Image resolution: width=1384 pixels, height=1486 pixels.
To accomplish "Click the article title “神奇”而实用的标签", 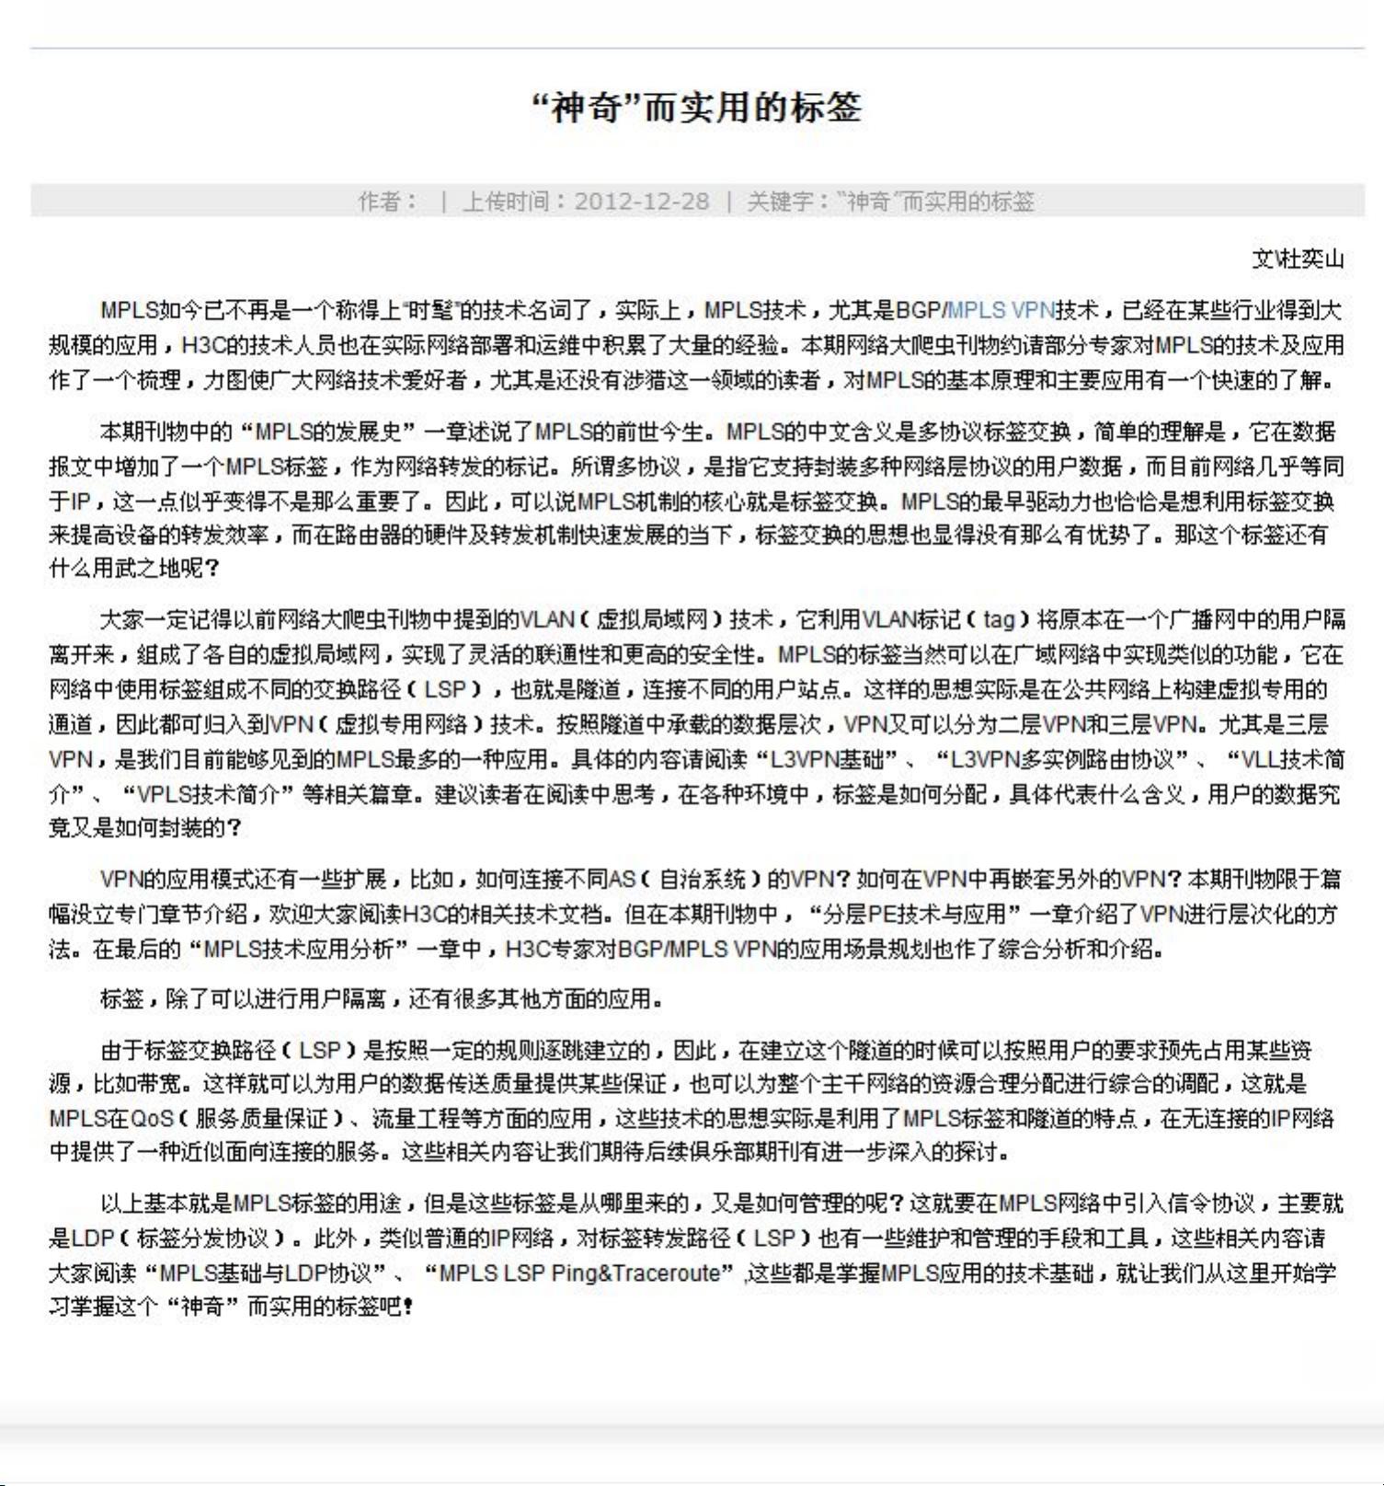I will [696, 108].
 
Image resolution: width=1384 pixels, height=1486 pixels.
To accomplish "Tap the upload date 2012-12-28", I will [642, 201].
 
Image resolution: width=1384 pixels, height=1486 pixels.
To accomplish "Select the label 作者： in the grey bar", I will [387, 201].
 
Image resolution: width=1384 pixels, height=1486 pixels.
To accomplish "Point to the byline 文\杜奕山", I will [1298, 259].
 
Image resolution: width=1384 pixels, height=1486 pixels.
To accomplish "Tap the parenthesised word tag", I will [1000, 619].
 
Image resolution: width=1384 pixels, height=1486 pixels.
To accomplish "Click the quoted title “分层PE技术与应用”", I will [914, 915].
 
